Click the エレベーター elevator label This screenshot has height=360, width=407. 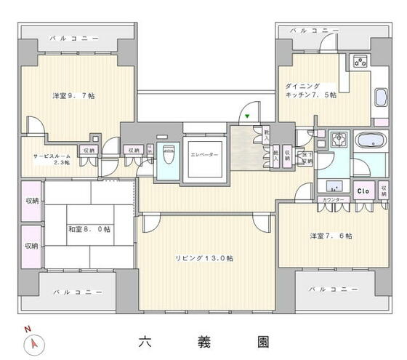204,154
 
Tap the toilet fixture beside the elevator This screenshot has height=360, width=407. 169,155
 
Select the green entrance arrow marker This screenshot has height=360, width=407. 247,116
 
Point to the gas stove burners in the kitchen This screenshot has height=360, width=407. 360,62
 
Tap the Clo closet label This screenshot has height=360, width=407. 363,191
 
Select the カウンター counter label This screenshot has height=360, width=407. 332,199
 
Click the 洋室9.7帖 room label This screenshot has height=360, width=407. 72,95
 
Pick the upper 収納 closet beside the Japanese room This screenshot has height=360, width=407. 32,201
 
